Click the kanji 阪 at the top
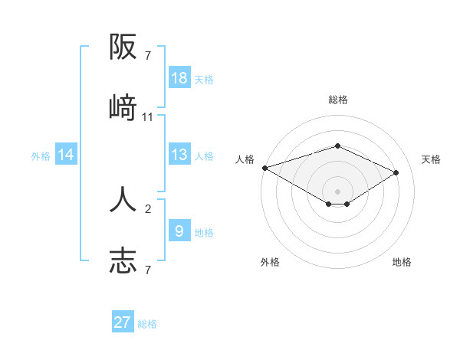pyautogui.click(x=123, y=48)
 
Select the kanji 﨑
pyautogui.click(x=123, y=108)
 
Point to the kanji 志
pyautogui.click(x=123, y=260)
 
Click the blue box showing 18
pyautogui.click(x=179, y=77)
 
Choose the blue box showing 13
pyautogui.click(x=179, y=155)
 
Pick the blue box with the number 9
pyautogui.click(x=179, y=231)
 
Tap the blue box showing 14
pyautogui.click(x=66, y=155)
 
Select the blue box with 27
pyautogui.click(x=123, y=322)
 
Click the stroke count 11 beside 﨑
pyautogui.click(x=148, y=117)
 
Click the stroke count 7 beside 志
pyautogui.click(x=148, y=270)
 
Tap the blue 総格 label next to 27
pyautogui.click(x=147, y=324)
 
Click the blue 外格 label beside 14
pyautogui.click(x=41, y=156)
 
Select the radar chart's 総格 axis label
pyautogui.click(x=337, y=100)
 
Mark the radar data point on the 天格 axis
pyautogui.click(x=396, y=173)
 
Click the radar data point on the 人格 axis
pyautogui.click(x=264, y=168)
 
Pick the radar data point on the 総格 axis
pyautogui.click(x=337, y=146)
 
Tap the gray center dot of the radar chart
pyautogui.click(x=337, y=191)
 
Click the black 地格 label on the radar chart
pyautogui.click(x=402, y=262)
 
